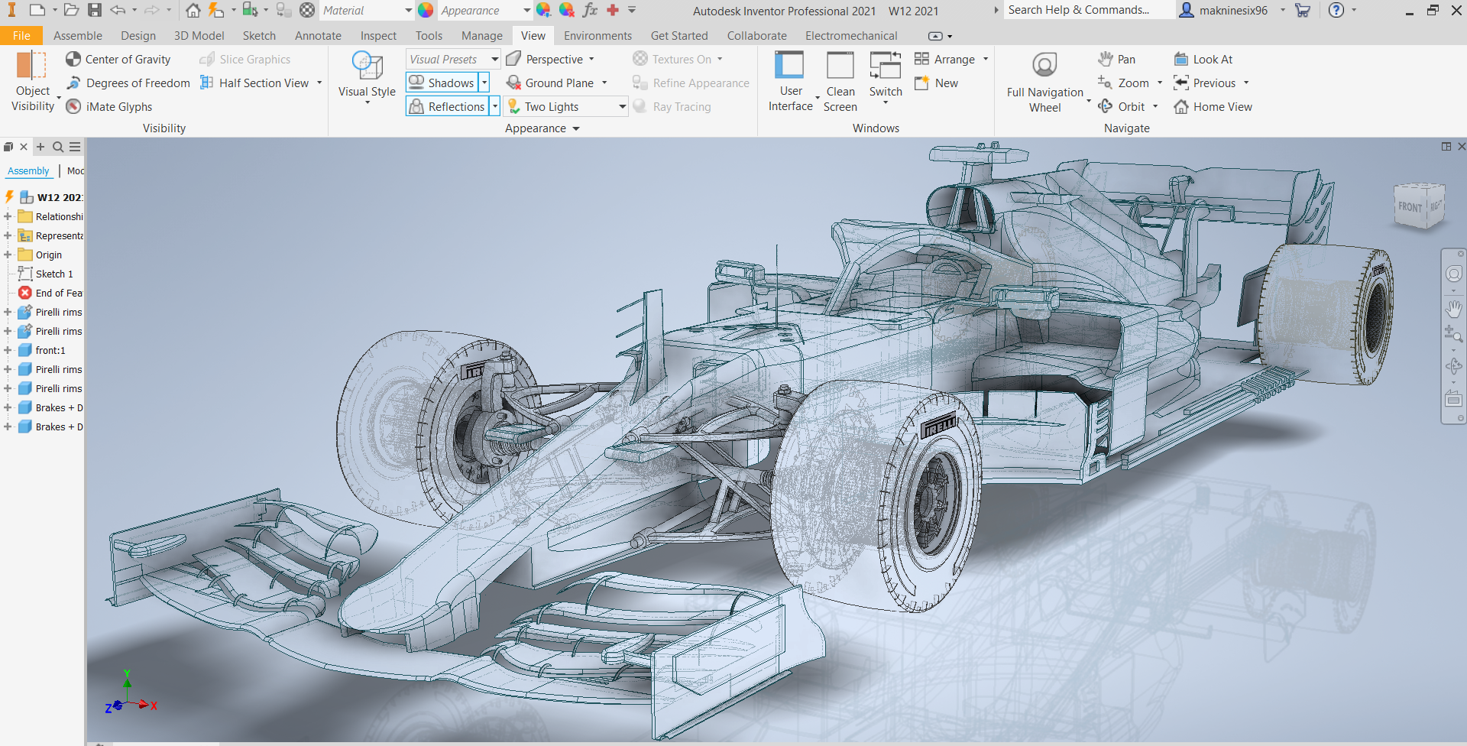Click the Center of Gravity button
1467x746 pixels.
(x=118, y=60)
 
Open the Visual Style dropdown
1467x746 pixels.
(x=367, y=77)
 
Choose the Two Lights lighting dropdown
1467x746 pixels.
(x=566, y=107)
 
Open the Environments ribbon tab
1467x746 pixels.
(x=597, y=36)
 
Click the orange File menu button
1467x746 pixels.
(x=21, y=36)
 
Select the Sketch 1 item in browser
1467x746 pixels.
(x=53, y=274)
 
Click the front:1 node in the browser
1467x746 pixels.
(x=50, y=351)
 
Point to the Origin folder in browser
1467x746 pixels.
(x=47, y=255)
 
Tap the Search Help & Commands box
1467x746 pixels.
(x=1084, y=10)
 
